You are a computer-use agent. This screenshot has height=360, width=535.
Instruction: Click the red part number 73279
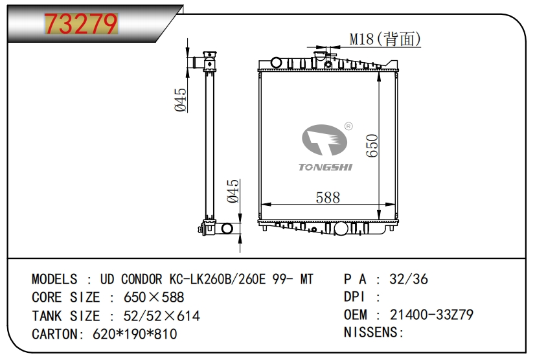[81, 23]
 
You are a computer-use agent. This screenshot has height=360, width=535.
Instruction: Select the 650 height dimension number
[372, 146]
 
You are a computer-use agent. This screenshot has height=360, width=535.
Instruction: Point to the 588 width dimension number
[328, 197]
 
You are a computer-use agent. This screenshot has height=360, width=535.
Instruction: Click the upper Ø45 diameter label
[181, 100]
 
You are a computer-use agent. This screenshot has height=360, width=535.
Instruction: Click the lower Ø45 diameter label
[233, 191]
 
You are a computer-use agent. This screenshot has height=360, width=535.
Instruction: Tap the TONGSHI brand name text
[326, 167]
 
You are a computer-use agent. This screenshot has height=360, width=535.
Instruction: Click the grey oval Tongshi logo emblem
[324, 140]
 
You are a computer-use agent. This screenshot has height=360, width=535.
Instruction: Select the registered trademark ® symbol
[348, 126]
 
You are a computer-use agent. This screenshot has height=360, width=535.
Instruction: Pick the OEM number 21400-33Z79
[431, 315]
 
